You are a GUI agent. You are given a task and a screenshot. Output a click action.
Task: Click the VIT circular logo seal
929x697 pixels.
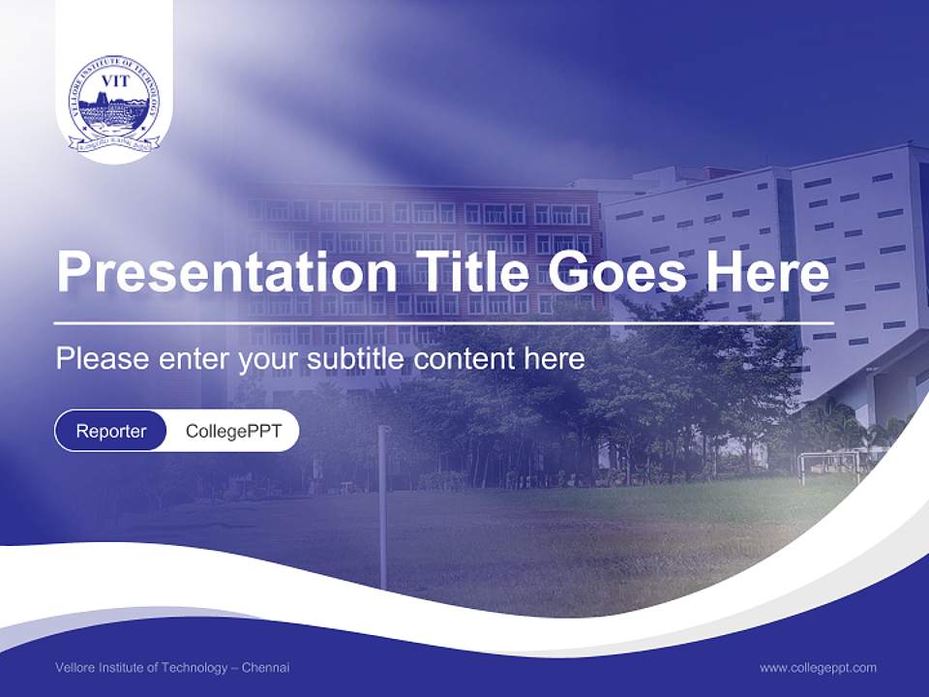pyautogui.click(x=114, y=103)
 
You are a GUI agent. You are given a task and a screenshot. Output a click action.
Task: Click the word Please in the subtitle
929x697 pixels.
pyautogui.click(x=99, y=359)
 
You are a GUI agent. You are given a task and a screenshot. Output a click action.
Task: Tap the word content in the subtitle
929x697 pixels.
pyautogui.click(x=464, y=359)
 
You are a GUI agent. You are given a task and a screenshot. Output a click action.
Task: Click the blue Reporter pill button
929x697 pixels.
pyautogui.click(x=111, y=431)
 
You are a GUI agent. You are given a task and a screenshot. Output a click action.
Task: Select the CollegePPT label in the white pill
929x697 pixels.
pyautogui.click(x=233, y=431)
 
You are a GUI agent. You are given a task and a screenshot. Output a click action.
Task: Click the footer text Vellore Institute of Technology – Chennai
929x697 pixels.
pyautogui.click(x=172, y=668)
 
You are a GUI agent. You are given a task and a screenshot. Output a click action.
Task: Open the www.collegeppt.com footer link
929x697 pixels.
pyautogui.click(x=818, y=668)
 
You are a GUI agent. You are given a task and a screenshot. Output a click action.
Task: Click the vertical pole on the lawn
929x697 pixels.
pyautogui.click(x=382, y=503)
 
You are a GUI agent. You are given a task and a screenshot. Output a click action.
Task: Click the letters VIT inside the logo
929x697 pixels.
pyautogui.click(x=114, y=81)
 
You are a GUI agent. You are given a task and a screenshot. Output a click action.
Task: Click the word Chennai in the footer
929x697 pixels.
pyautogui.click(x=265, y=668)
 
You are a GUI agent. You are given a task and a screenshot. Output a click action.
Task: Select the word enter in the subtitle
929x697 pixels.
pyautogui.click(x=190, y=359)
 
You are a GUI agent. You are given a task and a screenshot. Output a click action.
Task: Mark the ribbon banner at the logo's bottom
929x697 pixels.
pyautogui.click(x=114, y=143)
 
